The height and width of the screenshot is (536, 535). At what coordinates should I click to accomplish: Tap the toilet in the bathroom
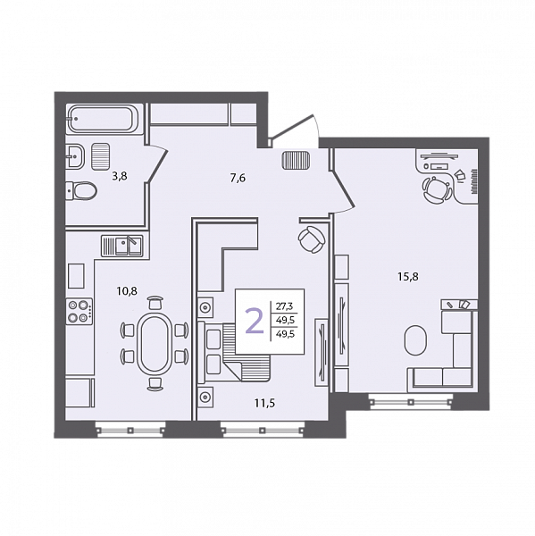click(x=82, y=191)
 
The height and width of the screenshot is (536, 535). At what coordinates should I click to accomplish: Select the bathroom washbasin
click(x=76, y=155)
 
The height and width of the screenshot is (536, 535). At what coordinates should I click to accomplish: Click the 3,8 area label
click(x=120, y=176)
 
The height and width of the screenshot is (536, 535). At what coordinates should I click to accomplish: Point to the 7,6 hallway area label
click(x=238, y=178)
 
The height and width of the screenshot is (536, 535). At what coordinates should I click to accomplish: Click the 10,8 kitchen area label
click(x=127, y=291)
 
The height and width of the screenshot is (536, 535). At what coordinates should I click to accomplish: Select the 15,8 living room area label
click(x=408, y=276)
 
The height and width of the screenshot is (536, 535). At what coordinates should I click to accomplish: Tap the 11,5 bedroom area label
click(x=264, y=404)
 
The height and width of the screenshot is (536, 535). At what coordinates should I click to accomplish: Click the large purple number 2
click(x=255, y=321)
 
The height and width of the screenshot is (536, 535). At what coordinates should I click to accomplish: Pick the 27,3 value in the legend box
click(x=285, y=306)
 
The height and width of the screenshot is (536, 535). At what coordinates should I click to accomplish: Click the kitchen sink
click(x=121, y=246)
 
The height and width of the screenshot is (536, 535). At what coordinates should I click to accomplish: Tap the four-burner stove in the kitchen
click(x=79, y=311)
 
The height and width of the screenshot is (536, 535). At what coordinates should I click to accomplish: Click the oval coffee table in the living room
click(x=415, y=340)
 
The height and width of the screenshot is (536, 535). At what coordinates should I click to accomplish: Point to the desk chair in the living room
click(x=436, y=189)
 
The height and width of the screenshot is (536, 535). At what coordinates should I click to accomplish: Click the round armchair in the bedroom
click(x=311, y=239)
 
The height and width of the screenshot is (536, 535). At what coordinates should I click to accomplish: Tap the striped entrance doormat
click(x=296, y=161)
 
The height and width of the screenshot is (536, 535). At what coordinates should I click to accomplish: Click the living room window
click(x=410, y=401)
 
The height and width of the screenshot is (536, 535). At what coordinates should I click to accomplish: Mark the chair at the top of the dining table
click(x=155, y=303)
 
